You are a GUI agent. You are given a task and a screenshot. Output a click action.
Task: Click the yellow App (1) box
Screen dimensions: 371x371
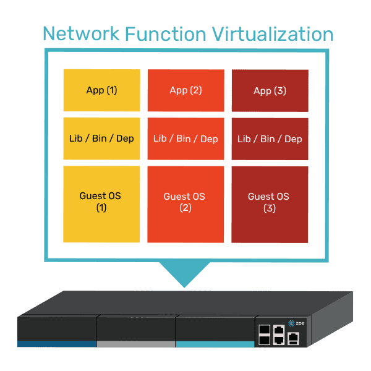tap(101, 90)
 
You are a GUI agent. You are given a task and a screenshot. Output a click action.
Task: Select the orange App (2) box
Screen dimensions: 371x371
tap(185, 90)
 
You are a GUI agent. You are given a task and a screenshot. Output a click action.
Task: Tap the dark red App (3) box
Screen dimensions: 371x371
tap(270, 90)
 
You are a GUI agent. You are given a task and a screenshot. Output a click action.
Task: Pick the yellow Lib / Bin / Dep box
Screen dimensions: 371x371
tap(101, 139)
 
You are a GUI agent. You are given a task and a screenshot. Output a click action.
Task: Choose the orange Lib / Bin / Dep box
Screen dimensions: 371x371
tap(185, 139)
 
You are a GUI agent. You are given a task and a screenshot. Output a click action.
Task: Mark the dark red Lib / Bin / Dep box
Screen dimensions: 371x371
tap(270, 139)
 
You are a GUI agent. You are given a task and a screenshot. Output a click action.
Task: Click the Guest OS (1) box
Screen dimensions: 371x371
tap(101, 204)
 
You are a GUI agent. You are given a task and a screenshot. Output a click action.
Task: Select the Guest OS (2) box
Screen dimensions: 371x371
tap(185, 204)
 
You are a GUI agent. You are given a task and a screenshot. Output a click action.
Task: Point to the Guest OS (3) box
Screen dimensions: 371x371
tap(270, 204)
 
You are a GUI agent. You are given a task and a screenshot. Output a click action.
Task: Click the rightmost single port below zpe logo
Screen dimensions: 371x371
tap(294, 337)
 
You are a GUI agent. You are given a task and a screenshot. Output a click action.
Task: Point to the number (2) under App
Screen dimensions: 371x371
tap(195, 90)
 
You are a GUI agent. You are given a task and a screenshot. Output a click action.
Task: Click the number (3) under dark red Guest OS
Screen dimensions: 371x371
tap(270, 208)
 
